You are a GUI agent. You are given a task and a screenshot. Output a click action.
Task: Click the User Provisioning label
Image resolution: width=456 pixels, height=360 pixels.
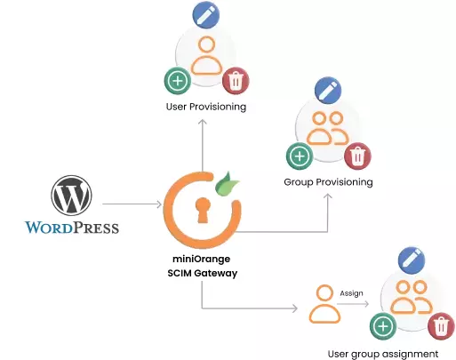206,108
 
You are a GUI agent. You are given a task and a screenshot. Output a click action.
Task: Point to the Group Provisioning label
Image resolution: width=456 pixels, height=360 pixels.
328,182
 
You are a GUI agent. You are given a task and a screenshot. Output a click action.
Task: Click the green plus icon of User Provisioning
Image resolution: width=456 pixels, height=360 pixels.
178,81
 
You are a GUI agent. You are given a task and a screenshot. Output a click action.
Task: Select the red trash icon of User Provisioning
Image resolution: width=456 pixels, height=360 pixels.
236,81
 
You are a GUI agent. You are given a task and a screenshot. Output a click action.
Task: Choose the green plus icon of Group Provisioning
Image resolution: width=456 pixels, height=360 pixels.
299,156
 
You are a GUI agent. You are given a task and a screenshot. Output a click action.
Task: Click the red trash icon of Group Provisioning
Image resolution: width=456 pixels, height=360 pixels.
356,156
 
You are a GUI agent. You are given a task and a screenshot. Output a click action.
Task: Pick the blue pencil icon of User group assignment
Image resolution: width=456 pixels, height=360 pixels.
410,260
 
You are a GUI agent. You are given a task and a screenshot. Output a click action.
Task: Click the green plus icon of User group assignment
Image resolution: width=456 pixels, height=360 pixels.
383,325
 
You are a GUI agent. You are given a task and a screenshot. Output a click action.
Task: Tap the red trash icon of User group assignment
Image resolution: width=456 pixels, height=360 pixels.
439,325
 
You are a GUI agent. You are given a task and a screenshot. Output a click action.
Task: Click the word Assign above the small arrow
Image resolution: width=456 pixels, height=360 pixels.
351,292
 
